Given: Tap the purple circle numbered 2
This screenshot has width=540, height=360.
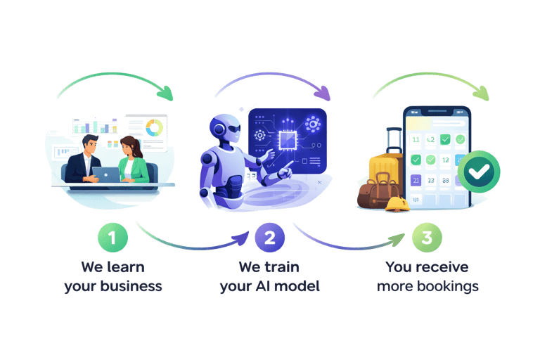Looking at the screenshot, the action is coord(269,238).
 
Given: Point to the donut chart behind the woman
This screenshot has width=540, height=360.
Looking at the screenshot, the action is coord(153,128).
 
